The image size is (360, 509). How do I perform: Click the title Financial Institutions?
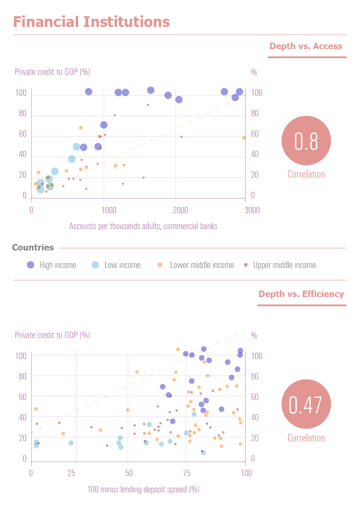(91, 22)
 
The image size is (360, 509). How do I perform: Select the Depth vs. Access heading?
(306, 46)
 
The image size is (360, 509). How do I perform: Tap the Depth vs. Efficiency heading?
(301, 294)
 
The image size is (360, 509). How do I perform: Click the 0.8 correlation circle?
(306, 142)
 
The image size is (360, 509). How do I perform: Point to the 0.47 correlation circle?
(306, 405)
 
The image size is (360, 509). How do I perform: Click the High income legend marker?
(30, 265)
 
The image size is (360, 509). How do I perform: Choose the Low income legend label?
(122, 265)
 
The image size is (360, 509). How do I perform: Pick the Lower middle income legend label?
(202, 265)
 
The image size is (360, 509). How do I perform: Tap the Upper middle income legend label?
(284, 265)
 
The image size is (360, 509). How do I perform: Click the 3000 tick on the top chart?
(252, 210)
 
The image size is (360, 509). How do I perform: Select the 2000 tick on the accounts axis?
(181, 210)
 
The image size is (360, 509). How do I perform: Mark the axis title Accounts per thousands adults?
(143, 226)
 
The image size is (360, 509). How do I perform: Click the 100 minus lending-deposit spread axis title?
(143, 489)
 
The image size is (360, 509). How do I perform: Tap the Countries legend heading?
(33, 247)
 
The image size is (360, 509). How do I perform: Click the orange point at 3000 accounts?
(244, 138)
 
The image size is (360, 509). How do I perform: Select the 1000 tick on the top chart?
(109, 210)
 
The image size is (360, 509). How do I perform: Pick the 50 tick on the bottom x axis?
(129, 473)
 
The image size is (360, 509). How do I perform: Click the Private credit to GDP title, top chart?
(52, 72)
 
